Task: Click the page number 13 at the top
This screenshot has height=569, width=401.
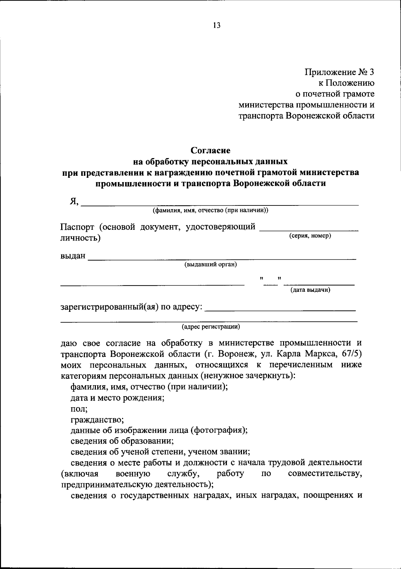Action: point(217,26)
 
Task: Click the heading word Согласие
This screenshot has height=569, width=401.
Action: point(211,150)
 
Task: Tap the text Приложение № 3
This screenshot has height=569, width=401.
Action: point(339,72)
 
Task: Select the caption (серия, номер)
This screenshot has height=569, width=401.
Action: point(310,236)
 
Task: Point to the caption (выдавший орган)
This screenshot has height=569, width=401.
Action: point(211,264)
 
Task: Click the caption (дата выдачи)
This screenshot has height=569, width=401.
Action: point(310,290)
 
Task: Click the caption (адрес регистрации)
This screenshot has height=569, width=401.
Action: point(211,327)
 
